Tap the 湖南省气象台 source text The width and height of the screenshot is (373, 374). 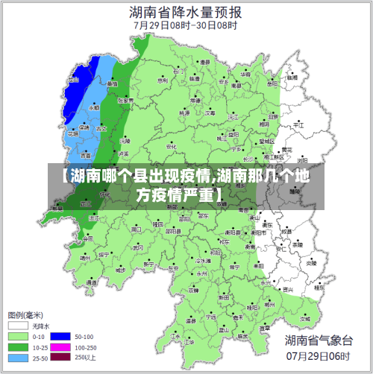(319, 340)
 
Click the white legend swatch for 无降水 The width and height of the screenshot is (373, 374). (19, 326)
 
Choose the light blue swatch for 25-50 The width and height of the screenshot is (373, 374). (19, 358)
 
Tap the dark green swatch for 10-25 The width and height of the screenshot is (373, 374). (19, 347)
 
